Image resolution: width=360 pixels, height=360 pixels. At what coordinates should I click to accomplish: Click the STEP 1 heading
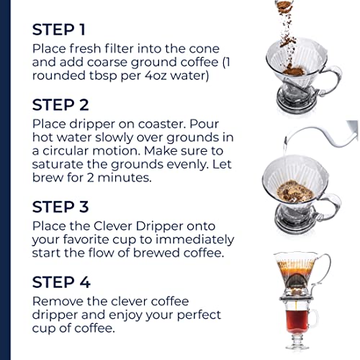click(59, 30)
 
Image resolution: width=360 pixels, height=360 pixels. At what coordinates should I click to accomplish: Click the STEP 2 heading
click(60, 105)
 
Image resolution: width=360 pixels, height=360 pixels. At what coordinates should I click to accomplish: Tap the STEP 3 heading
click(60, 207)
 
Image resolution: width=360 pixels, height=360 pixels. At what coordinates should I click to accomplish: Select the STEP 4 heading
click(61, 282)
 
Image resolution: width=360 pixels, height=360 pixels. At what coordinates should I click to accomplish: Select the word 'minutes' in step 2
click(125, 178)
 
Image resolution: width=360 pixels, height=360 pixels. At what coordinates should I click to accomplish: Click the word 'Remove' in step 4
click(58, 302)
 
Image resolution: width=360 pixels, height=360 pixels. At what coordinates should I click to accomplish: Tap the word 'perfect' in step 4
click(199, 315)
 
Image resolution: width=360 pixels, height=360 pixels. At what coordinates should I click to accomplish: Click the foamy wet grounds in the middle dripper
click(295, 192)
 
